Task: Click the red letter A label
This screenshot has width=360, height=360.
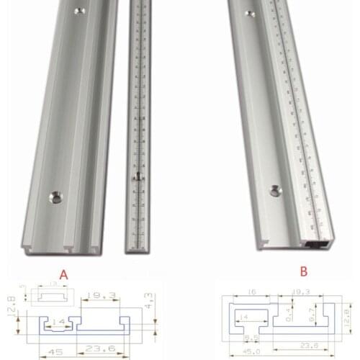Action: tap(64, 274)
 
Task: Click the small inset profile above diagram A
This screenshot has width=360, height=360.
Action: tap(50, 295)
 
